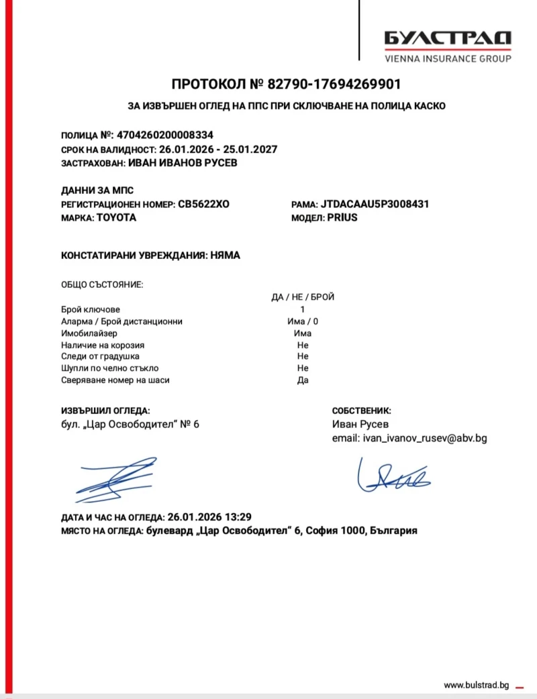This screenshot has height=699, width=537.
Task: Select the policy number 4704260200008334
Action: tap(166, 135)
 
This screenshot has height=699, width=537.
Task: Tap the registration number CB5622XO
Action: tap(203, 204)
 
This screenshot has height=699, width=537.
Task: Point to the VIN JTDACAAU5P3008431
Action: tap(375, 204)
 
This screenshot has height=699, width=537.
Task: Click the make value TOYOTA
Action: tap(116, 218)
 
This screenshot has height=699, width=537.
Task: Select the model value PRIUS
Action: tap(342, 218)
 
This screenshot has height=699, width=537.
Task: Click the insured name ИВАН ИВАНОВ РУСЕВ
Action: tap(183, 163)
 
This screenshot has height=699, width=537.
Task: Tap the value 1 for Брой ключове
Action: tap(303, 309)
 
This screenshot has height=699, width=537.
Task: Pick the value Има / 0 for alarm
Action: tap(303, 321)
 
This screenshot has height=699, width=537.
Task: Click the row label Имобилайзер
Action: tap(89, 333)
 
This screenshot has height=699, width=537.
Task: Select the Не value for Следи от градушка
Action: tap(303, 356)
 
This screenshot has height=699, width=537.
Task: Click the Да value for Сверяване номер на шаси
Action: tap(303, 380)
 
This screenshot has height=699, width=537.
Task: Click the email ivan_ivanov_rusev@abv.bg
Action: tap(424, 438)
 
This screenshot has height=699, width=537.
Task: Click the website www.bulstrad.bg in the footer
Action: tap(477, 684)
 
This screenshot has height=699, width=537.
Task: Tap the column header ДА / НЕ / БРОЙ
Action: tap(303, 297)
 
